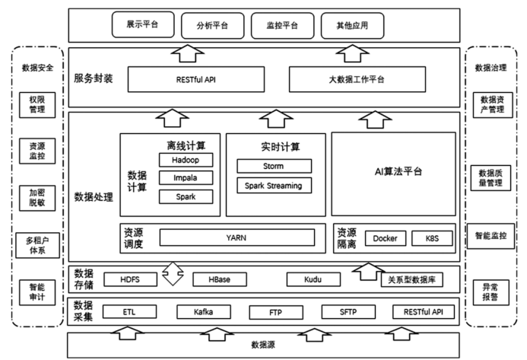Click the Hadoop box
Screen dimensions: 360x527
point(186,160)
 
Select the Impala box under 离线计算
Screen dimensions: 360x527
point(186,178)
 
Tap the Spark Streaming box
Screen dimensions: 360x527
point(273,185)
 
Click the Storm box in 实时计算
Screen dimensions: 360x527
point(273,166)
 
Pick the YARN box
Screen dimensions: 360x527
point(237,237)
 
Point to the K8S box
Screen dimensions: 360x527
point(431,238)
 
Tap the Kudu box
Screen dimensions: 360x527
point(312,279)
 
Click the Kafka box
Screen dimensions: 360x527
point(203,312)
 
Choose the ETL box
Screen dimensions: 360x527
point(129,312)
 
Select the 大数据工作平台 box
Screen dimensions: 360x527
point(357,78)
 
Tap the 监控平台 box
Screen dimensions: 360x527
point(281,26)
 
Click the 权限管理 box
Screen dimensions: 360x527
point(37,104)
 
